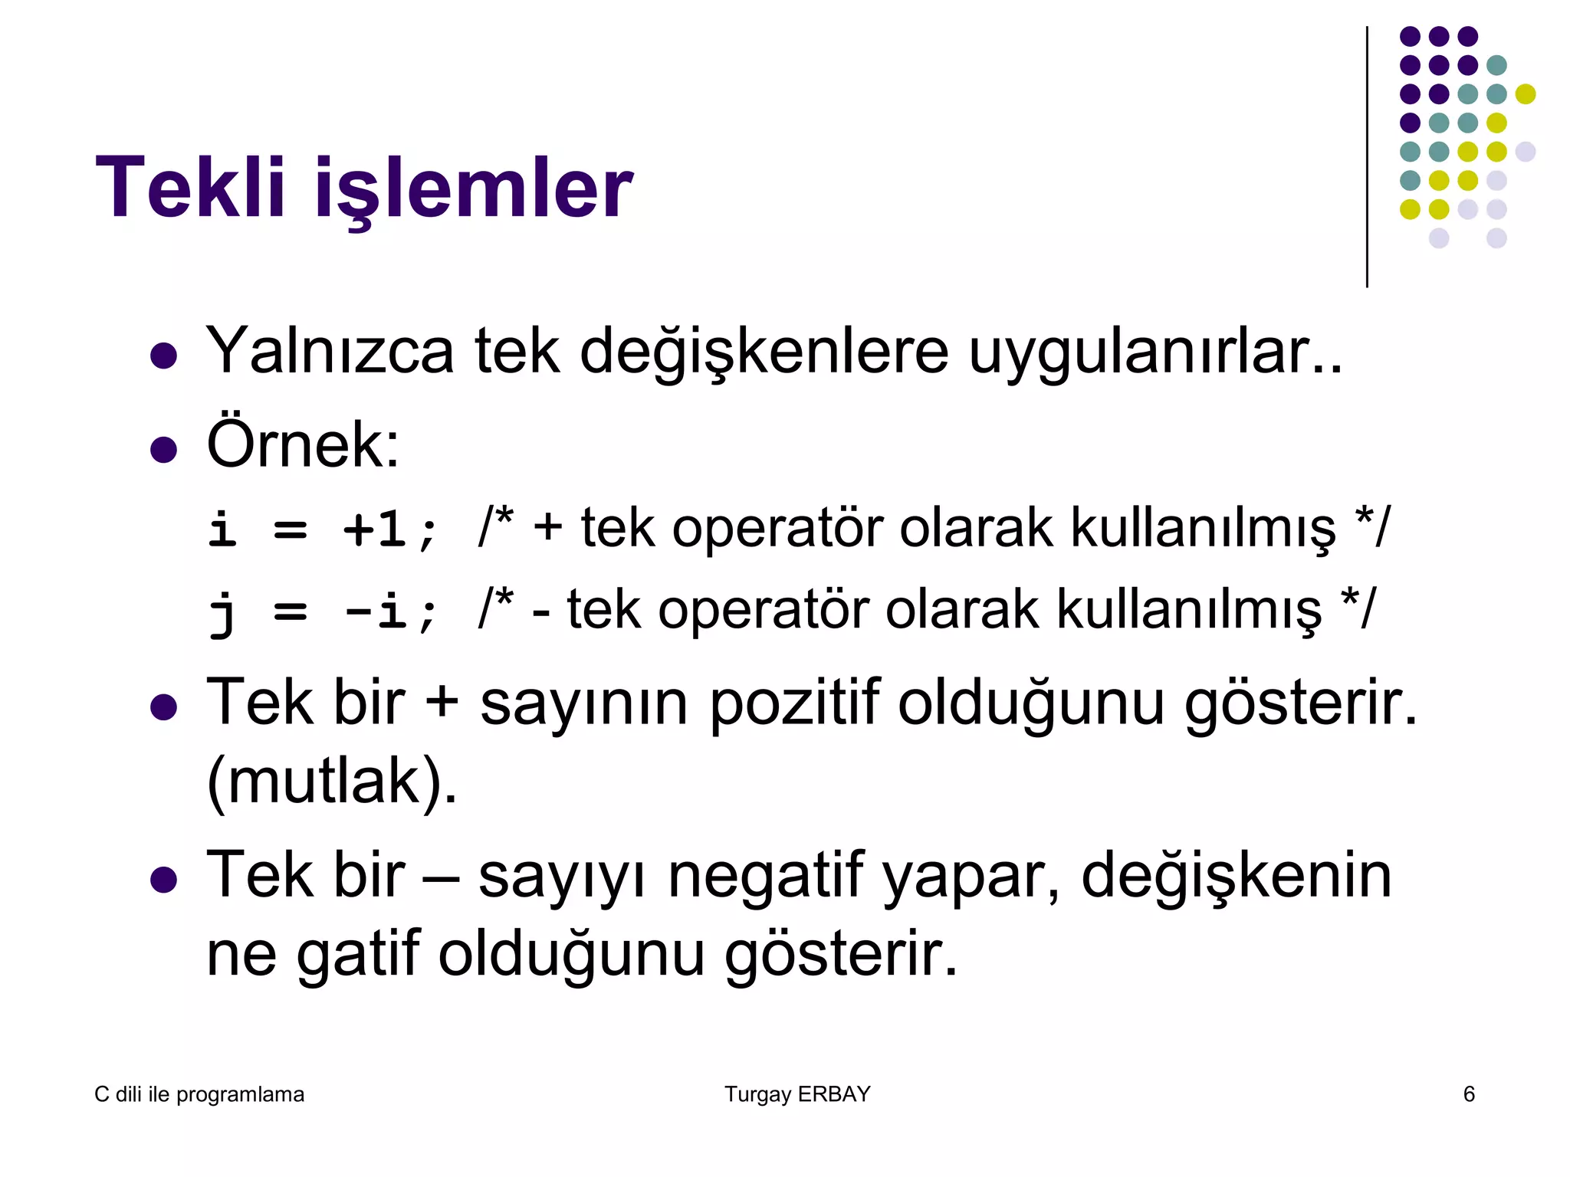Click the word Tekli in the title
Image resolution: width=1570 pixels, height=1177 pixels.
tap(190, 188)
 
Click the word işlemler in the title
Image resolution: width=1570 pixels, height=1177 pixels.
tap(474, 190)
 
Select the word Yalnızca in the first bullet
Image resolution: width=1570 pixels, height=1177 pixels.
tap(330, 351)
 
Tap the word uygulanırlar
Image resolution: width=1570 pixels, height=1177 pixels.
tap(1155, 354)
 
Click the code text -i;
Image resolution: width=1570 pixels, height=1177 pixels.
tap(391, 611)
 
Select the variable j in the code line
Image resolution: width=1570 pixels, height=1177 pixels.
tap(222, 613)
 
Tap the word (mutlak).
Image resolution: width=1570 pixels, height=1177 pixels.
tap(332, 782)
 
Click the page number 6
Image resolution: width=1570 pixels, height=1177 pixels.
tap(1469, 1094)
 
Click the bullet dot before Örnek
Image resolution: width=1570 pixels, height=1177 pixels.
tap(164, 450)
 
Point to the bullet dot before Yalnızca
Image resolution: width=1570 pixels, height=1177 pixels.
tap(164, 356)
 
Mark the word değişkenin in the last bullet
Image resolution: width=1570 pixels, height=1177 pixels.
tap(1236, 877)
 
